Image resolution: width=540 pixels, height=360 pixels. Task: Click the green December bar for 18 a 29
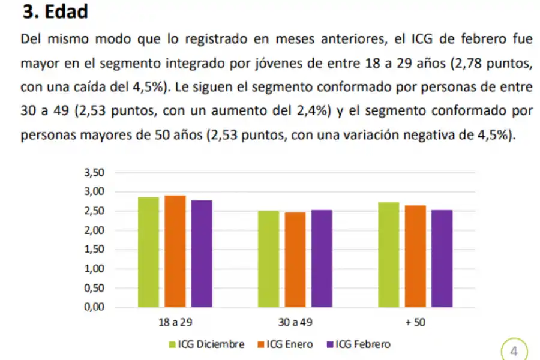click(148, 252)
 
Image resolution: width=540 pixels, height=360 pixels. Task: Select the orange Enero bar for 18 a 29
click(175, 251)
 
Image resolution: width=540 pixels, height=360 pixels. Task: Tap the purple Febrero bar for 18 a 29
click(202, 254)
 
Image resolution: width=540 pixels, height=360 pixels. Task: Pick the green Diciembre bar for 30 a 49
click(268, 259)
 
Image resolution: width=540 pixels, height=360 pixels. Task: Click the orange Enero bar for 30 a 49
click(295, 260)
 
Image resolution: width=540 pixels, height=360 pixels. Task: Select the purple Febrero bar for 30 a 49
click(322, 259)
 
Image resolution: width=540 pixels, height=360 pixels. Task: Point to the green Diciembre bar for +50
click(388, 254)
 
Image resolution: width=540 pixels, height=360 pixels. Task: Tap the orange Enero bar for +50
click(415, 256)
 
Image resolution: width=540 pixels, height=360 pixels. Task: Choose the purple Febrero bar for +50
click(442, 259)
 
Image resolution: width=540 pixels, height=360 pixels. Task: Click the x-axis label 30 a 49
click(295, 323)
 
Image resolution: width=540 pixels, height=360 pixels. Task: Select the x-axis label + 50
click(415, 323)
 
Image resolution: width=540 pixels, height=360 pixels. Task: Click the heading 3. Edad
click(55, 12)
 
